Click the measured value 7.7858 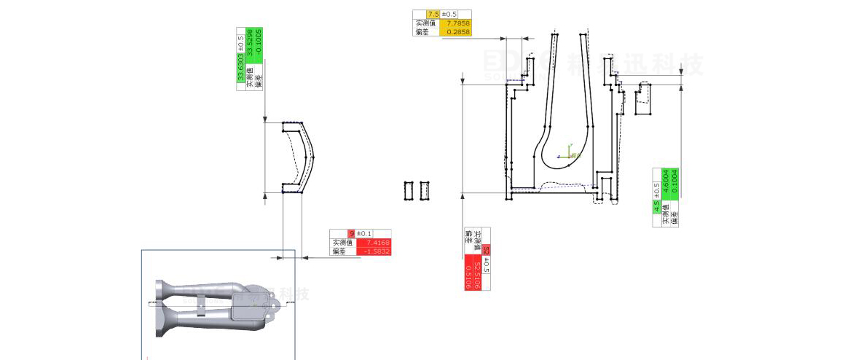[458, 23]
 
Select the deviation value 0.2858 [458, 32]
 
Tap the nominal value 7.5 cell [433, 14]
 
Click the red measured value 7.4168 [378, 243]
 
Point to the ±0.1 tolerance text [363, 233]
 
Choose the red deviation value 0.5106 [468, 276]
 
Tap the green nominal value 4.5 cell [656, 206]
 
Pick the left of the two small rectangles [409, 190]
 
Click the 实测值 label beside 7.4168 [342, 243]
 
